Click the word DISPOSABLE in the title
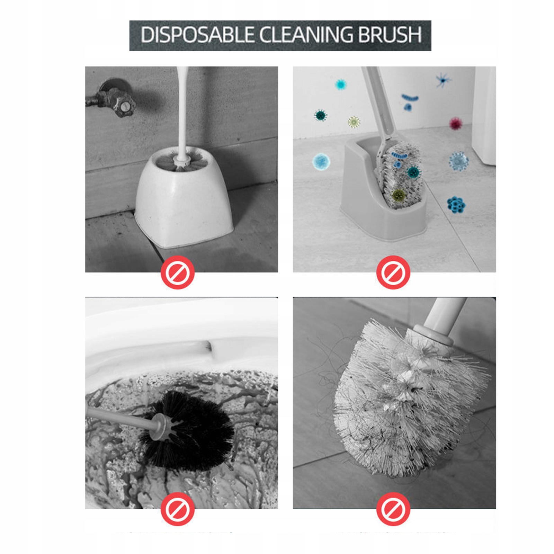pyautogui.click(x=197, y=35)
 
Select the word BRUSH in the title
pyautogui.click(x=390, y=35)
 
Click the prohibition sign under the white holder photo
pyautogui.click(x=177, y=272)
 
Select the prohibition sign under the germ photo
pyautogui.click(x=393, y=272)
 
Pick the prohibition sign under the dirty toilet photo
pyautogui.click(x=177, y=509)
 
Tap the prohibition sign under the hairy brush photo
pyautogui.click(x=393, y=509)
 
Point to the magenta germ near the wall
pyautogui.click(x=456, y=123)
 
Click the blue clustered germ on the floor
pyautogui.click(x=456, y=204)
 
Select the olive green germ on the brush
pyautogui.click(x=399, y=195)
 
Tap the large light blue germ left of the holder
pyautogui.click(x=321, y=161)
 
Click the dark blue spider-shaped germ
pyautogui.click(x=443, y=80)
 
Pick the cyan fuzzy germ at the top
pyautogui.click(x=341, y=84)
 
